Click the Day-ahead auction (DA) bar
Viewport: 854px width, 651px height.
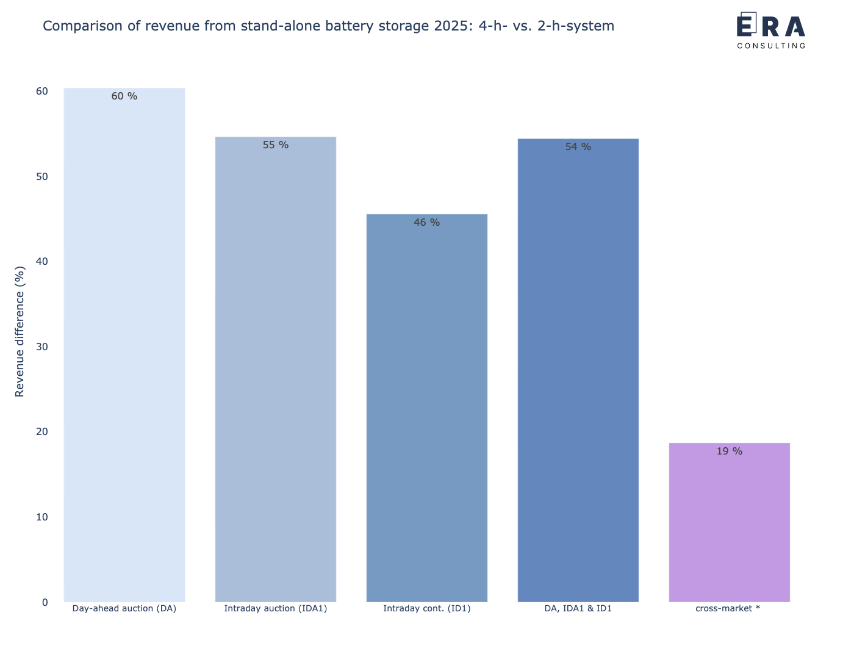point(124,345)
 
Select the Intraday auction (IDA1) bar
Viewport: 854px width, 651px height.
point(276,369)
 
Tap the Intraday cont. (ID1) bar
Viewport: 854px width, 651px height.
point(427,408)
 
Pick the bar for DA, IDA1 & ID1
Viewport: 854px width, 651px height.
point(578,370)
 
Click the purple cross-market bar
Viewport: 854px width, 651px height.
point(729,522)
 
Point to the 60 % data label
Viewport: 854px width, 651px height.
point(124,96)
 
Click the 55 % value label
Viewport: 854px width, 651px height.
point(276,145)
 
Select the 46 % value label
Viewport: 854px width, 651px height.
point(427,223)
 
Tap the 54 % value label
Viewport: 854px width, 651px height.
point(578,147)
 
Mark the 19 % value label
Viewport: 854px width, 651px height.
point(729,451)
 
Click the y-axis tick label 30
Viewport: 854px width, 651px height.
point(42,347)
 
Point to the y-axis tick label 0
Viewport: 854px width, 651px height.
point(45,602)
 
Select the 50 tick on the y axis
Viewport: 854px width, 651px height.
point(42,176)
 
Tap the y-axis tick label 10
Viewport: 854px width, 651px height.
point(42,517)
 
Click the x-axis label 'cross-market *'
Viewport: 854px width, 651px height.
point(728,608)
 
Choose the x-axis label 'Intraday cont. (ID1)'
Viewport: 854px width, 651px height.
point(427,608)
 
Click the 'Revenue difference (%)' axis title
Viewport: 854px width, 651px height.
point(20,331)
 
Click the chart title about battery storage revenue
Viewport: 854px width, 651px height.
point(328,26)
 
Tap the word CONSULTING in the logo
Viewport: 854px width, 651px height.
point(771,45)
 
